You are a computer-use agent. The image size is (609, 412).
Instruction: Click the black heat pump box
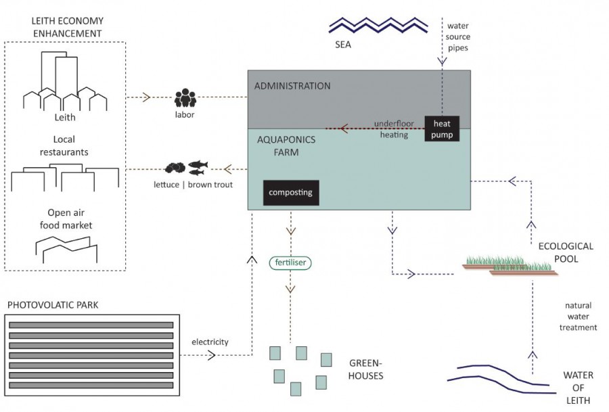(443, 129)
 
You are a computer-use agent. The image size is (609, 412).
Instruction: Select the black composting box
(291, 193)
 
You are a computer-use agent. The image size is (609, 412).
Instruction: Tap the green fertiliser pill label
(291, 262)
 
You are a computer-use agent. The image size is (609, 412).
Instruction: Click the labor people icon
(185, 98)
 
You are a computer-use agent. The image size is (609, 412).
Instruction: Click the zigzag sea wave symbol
(378, 26)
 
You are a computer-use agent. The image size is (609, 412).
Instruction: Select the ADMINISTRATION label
(292, 86)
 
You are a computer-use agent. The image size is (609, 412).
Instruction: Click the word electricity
(210, 342)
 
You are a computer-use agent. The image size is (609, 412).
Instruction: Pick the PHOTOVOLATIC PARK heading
(53, 305)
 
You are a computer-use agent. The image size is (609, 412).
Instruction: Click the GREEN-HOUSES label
(365, 369)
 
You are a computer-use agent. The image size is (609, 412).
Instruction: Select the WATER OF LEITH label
(578, 388)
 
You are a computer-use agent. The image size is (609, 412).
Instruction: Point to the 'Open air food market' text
(65, 219)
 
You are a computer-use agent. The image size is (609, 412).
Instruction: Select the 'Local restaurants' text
(65, 145)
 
